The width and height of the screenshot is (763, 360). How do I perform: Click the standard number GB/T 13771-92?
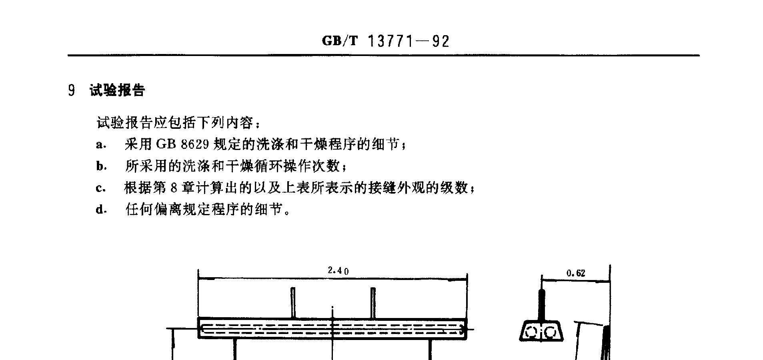pyautogui.click(x=386, y=41)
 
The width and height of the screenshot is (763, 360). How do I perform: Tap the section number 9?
pyautogui.click(x=71, y=91)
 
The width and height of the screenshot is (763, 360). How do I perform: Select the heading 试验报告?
pyautogui.click(x=117, y=90)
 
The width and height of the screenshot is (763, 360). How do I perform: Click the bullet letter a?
pyautogui.click(x=100, y=145)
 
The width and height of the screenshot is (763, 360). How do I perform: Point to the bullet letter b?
pyautogui.click(x=101, y=166)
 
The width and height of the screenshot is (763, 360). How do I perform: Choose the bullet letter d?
pyautogui.click(x=101, y=209)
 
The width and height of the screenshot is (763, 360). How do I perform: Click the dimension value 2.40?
pyautogui.click(x=338, y=271)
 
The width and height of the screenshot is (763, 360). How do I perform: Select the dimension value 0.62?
pyautogui.click(x=576, y=273)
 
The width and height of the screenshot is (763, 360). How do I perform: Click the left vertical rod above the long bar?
pyautogui.click(x=293, y=303)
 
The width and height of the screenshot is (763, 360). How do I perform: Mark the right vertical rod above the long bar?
pyautogui.click(x=373, y=303)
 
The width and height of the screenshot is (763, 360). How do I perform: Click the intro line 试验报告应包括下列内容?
pyautogui.click(x=178, y=123)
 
